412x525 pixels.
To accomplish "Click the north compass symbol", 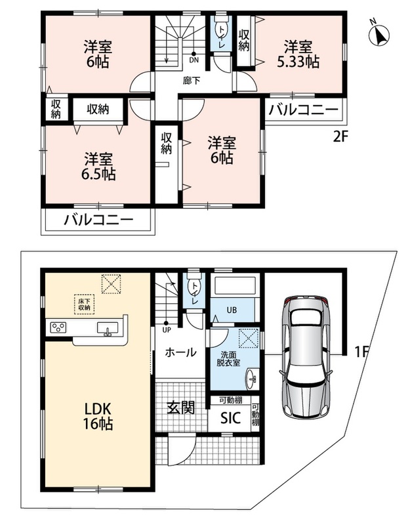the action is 380,35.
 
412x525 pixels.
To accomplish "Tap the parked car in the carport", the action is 306,357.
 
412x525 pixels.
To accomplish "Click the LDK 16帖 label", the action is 98,416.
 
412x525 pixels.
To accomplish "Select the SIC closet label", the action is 230,418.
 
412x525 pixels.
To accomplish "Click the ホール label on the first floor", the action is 180,352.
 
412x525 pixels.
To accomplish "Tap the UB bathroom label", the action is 232,310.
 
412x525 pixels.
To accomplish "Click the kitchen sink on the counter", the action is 108,327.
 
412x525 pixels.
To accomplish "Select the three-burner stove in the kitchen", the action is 58,327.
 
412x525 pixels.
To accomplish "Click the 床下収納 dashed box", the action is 85,304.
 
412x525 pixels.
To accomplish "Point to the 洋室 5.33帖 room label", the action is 298,54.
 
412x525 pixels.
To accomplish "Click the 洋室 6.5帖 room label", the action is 98,167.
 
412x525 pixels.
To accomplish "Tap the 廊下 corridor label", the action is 192,81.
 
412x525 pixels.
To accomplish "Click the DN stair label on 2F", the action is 194,60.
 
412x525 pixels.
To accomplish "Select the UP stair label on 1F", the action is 167,330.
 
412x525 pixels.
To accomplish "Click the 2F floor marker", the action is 340,137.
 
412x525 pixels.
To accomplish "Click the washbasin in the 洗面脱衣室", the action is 252,379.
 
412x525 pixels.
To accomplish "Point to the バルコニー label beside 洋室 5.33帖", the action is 303,110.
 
